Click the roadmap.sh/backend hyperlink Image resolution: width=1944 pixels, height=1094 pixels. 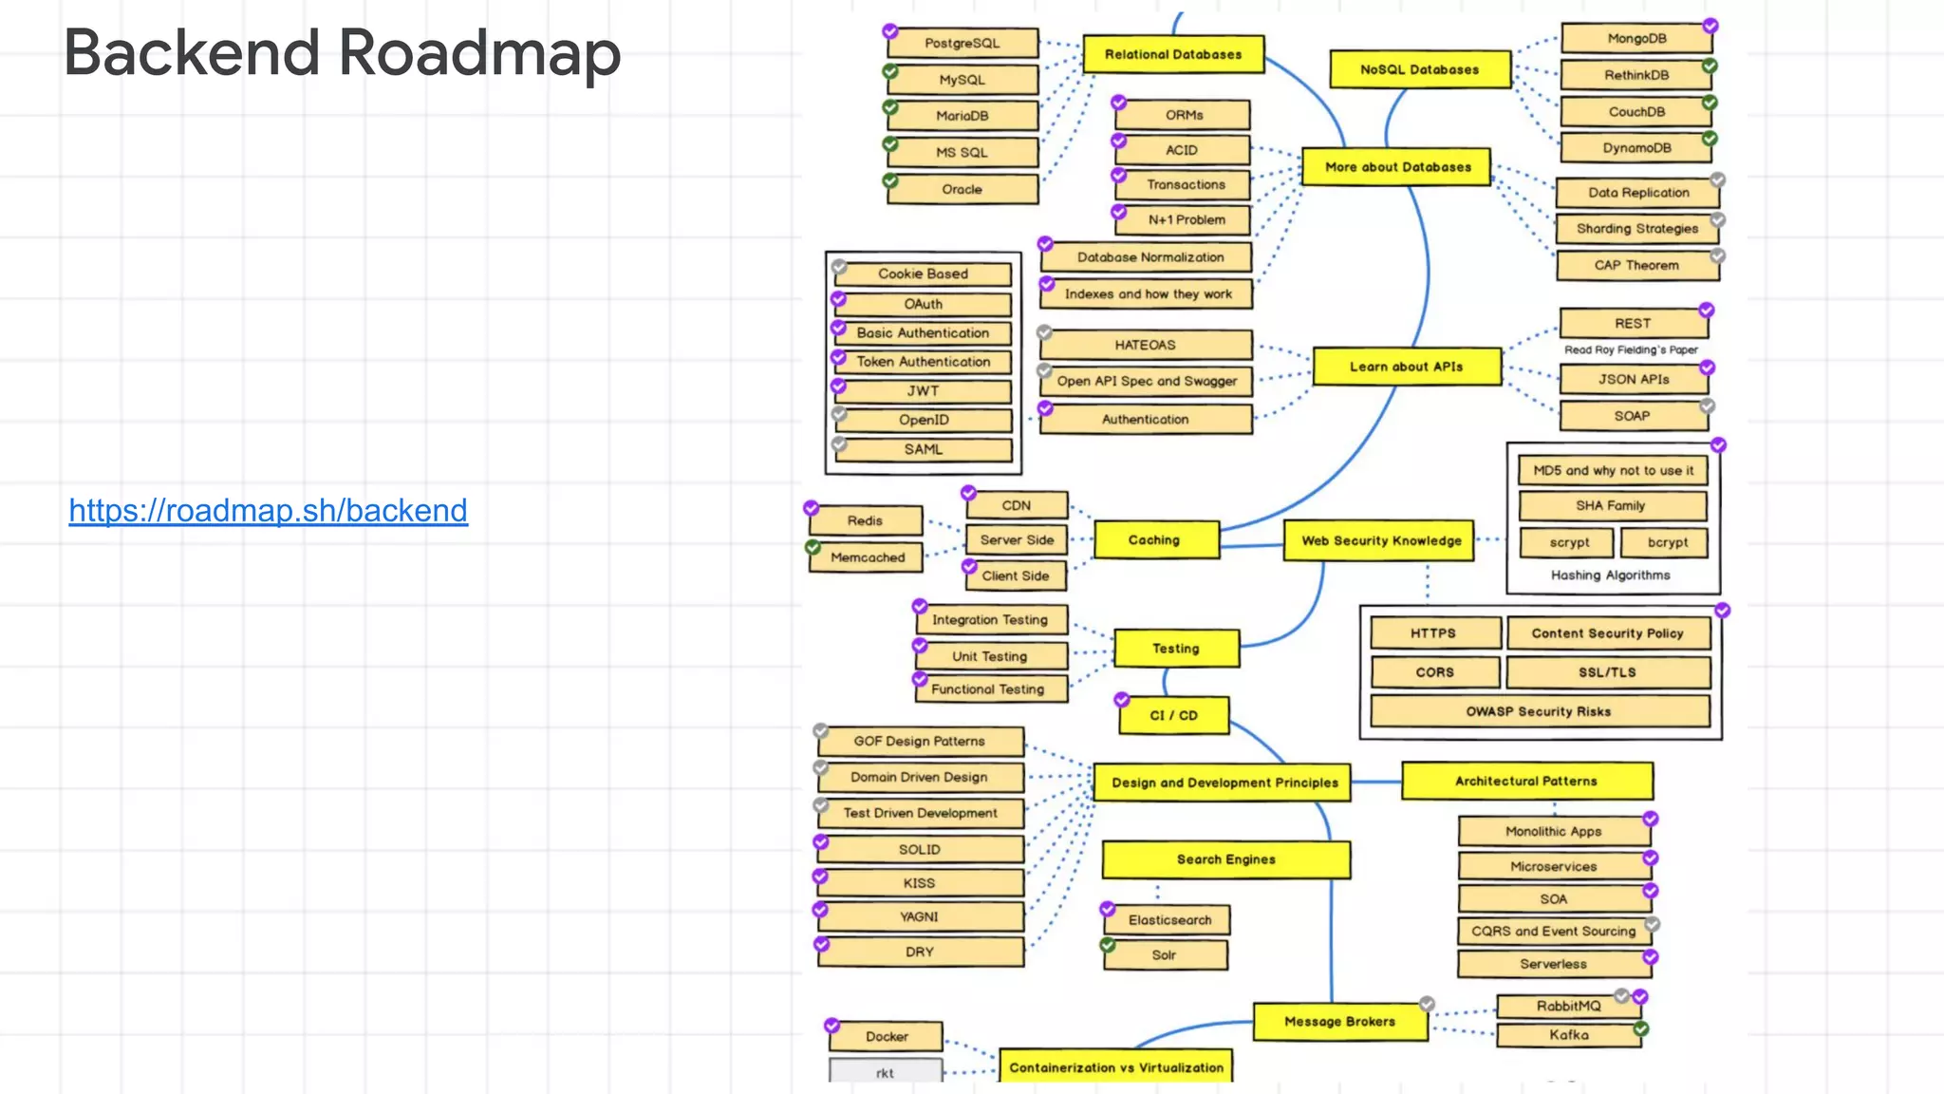pos(268,511)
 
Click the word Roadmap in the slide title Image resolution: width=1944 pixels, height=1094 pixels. pos(479,53)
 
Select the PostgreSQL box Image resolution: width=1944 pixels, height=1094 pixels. pos(963,44)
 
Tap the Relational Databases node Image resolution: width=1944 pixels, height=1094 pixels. pos(1172,55)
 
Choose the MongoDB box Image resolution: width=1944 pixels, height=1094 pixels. pos(1636,39)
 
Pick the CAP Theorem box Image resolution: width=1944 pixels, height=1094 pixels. pos(1636,266)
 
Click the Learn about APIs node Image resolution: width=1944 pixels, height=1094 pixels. pos(1406,367)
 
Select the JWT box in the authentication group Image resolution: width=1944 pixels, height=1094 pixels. pos(923,391)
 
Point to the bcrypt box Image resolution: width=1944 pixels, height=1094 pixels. pos(1667,542)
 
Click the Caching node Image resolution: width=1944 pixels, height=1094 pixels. pos(1154,539)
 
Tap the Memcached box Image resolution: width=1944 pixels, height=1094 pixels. pos(867,557)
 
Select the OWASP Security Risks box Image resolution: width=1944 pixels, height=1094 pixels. pos(1538,711)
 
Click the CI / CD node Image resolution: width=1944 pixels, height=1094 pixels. pos(1173,716)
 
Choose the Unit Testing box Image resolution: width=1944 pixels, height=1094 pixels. pos(990,656)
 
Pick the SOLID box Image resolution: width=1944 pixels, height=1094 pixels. pos(919,850)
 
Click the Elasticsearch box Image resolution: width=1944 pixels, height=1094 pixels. pos(1168,920)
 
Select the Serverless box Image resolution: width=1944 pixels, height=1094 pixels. pos(1553,964)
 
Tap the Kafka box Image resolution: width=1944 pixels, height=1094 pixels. pos(1568,1035)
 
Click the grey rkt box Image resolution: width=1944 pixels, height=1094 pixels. pos(885,1072)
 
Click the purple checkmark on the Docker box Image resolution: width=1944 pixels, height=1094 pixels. pos(832,1026)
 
